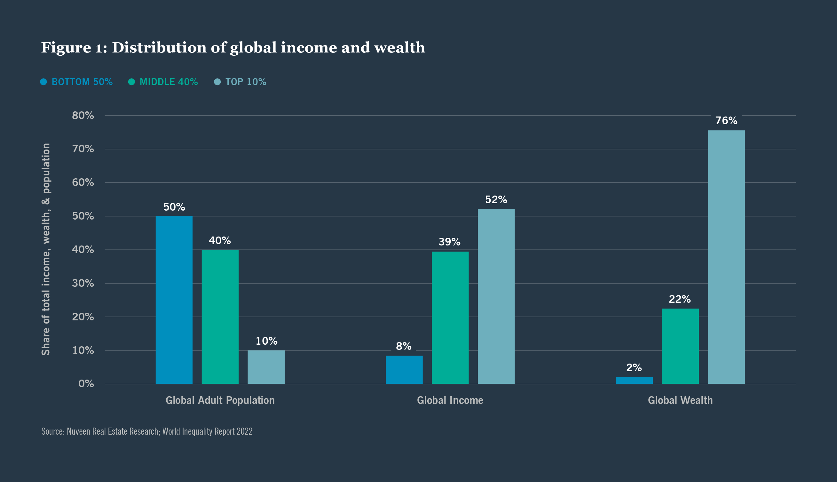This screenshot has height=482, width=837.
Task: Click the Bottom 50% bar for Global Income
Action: pos(404,370)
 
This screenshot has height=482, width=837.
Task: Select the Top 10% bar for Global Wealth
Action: pos(726,257)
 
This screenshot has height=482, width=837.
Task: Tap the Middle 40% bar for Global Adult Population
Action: pos(220,317)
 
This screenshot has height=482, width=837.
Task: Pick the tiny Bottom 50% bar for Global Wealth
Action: pos(634,380)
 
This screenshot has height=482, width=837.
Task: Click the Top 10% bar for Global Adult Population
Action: pos(266,367)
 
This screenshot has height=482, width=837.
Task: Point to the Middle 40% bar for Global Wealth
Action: pos(680,346)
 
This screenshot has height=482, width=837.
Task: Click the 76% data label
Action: pos(726,120)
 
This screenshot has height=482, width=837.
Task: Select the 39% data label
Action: pos(449,242)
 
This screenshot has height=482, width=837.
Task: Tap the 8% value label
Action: pos(404,346)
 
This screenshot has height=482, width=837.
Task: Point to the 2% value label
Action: pos(634,367)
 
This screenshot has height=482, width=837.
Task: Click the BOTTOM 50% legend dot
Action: pos(44,82)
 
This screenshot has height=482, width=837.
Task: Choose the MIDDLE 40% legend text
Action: pos(169,82)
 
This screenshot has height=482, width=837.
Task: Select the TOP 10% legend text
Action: pos(246,82)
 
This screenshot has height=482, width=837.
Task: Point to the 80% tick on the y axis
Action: pos(83,116)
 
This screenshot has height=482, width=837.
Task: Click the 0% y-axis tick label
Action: pos(86,384)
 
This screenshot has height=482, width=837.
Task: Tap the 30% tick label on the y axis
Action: pos(83,283)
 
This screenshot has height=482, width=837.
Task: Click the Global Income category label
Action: pos(450,400)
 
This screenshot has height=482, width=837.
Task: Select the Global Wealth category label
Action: pos(680,400)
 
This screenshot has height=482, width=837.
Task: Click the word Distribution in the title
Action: pos(159,48)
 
